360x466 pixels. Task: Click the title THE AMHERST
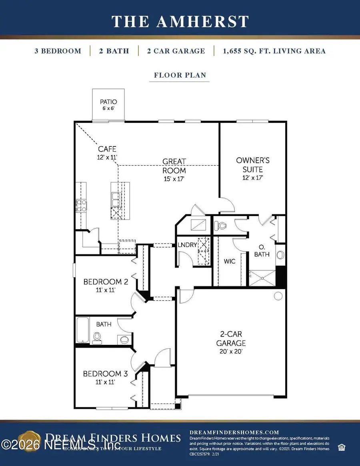180,21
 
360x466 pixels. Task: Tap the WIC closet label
230,261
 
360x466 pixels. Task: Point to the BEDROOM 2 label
106,286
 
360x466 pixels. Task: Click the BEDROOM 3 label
105,378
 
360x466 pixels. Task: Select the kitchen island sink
116,197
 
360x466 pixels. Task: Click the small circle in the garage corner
277,296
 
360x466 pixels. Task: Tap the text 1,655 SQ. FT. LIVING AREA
270,51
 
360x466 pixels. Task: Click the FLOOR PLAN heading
180,75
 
